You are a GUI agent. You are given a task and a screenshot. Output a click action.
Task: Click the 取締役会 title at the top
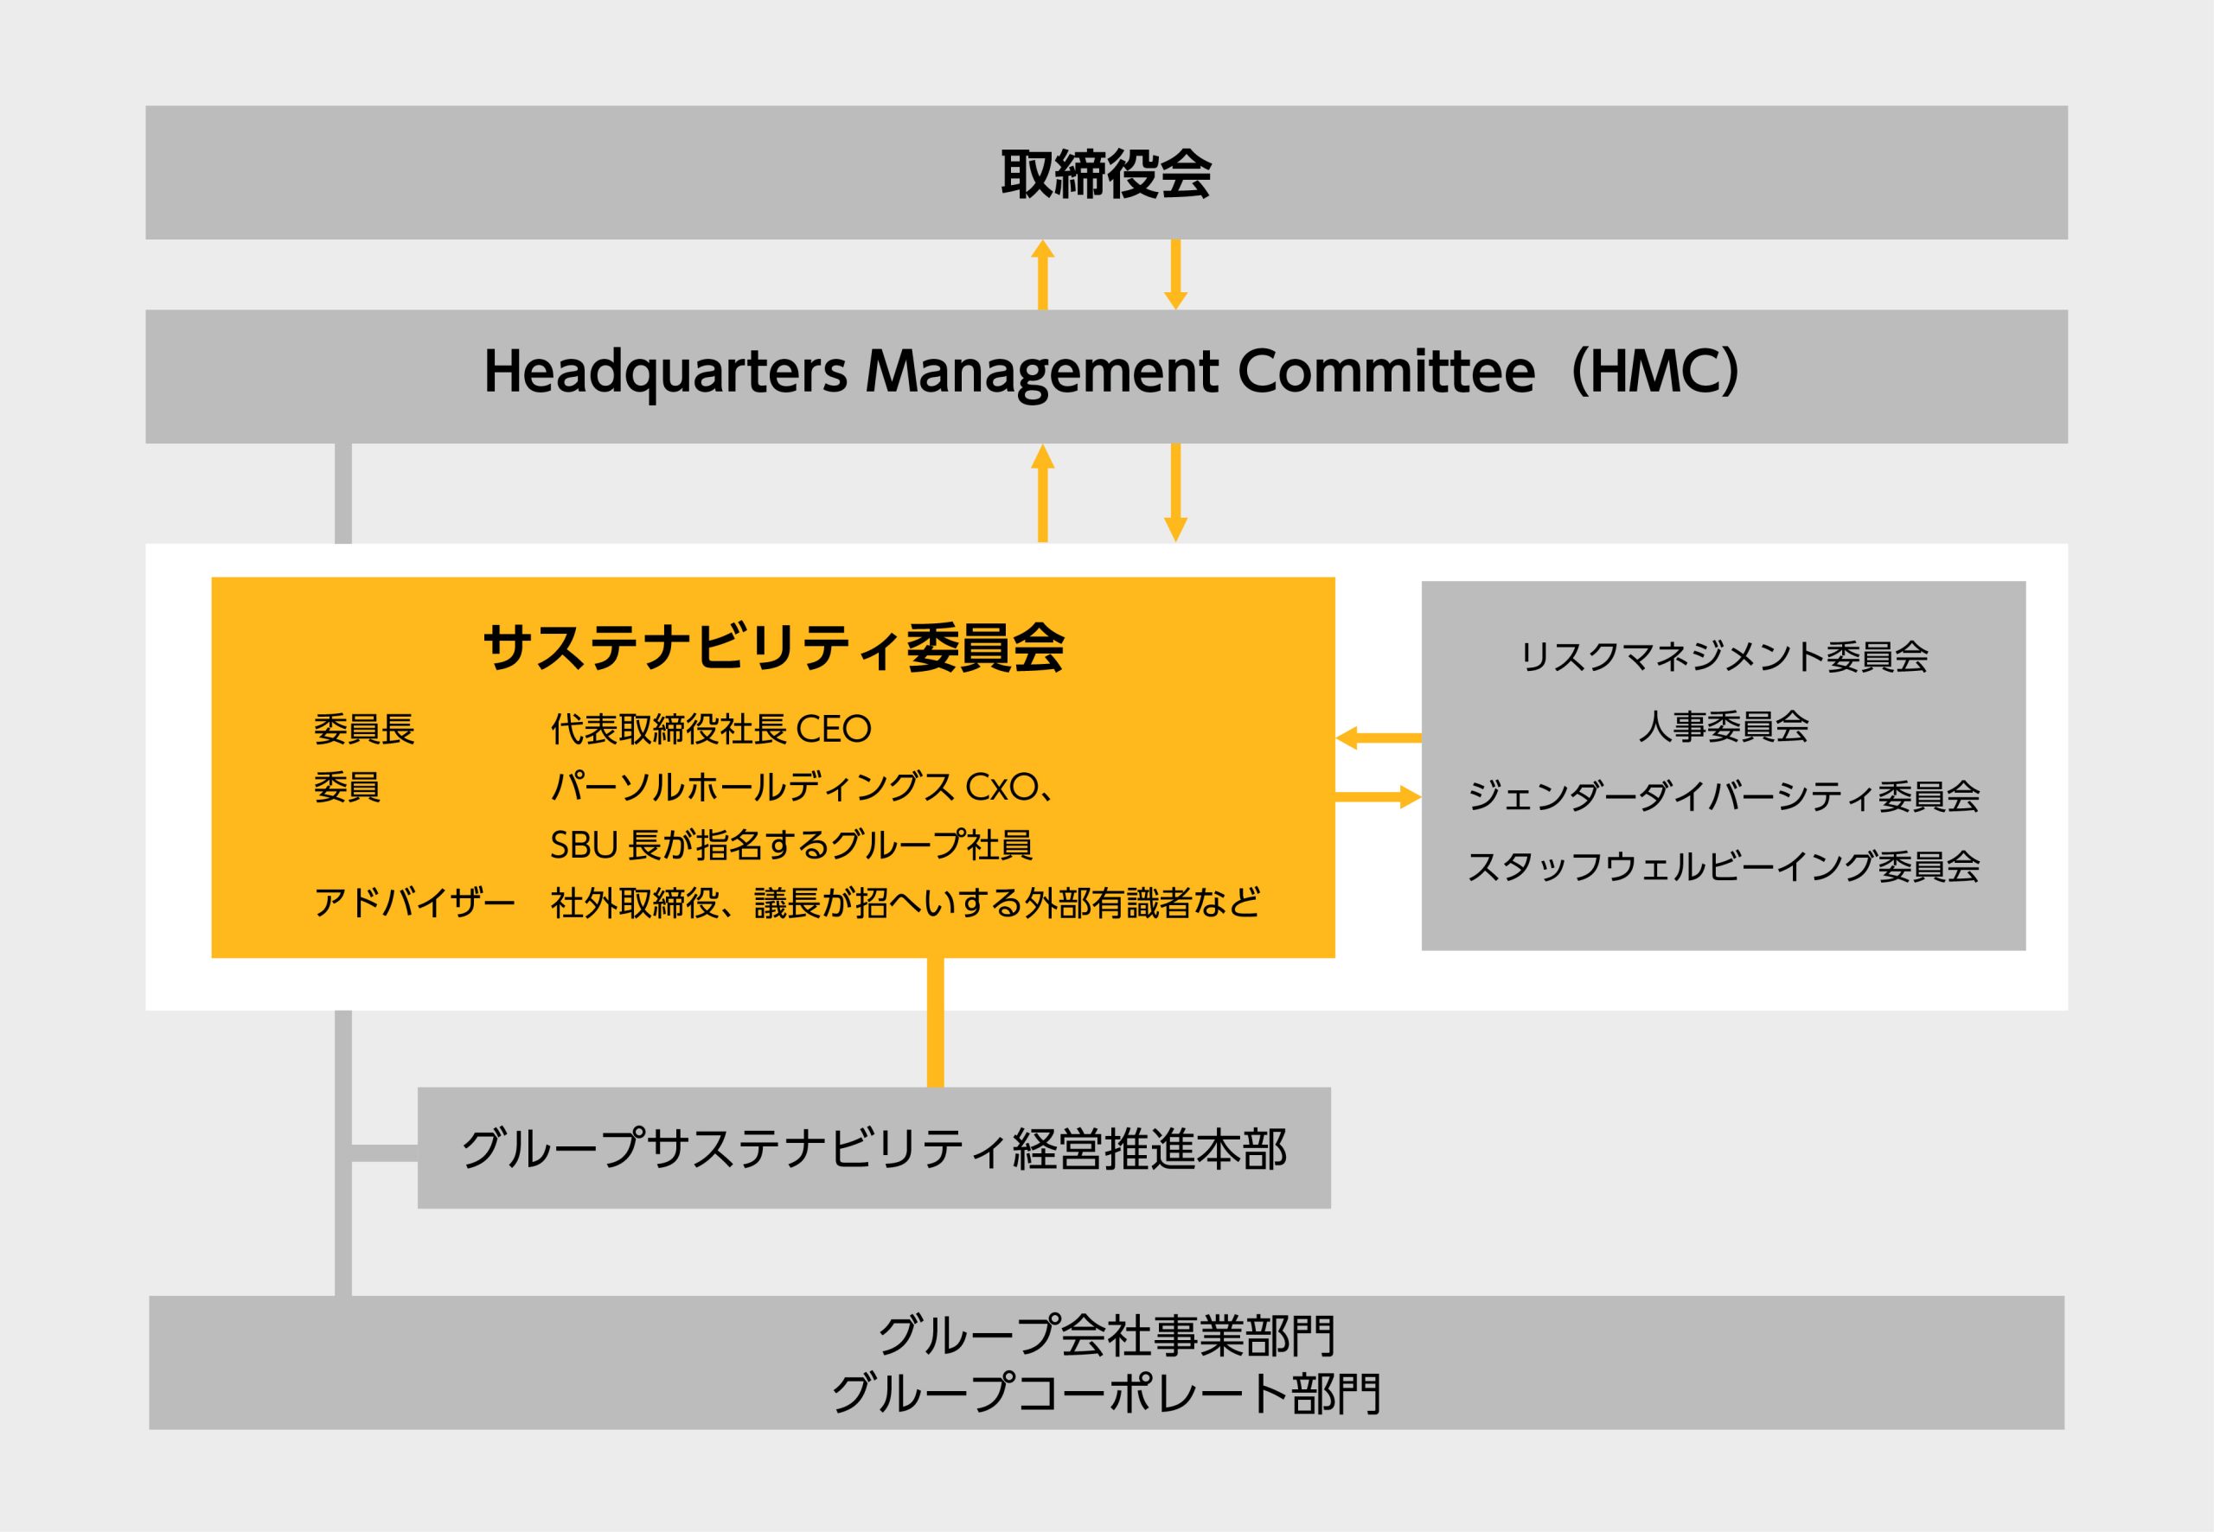point(1106,174)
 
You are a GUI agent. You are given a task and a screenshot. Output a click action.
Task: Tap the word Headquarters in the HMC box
point(665,373)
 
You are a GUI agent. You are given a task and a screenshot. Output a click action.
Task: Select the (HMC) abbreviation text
point(1654,373)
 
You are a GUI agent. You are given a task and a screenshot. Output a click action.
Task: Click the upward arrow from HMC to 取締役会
point(1043,275)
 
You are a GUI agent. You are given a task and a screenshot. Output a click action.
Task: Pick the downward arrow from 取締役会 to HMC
point(1175,275)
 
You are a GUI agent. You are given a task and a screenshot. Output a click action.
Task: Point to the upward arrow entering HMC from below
point(1043,494)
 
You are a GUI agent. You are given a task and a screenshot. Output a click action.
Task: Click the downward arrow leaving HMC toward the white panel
point(1175,494)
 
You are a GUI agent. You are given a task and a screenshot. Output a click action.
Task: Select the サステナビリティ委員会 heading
point(774,648)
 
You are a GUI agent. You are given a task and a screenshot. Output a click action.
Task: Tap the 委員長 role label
point(364,730)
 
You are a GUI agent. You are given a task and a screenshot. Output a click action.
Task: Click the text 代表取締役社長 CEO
point(711,730)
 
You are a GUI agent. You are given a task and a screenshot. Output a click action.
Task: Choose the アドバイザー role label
point(415,903)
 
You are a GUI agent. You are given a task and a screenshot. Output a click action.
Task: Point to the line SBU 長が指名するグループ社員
point(791,845)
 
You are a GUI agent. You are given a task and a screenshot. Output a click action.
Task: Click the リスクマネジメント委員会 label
point(1724,656)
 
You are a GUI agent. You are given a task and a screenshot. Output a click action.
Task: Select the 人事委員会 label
point(1724,726)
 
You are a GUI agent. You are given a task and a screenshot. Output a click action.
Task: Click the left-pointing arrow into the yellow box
point(1379,738)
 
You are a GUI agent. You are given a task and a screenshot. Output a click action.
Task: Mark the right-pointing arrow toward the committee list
point(1379,797)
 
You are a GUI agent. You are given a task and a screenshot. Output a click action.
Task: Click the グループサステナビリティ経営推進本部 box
point(873,1148)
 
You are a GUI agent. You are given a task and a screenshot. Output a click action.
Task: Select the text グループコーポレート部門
point(1106,1394)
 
